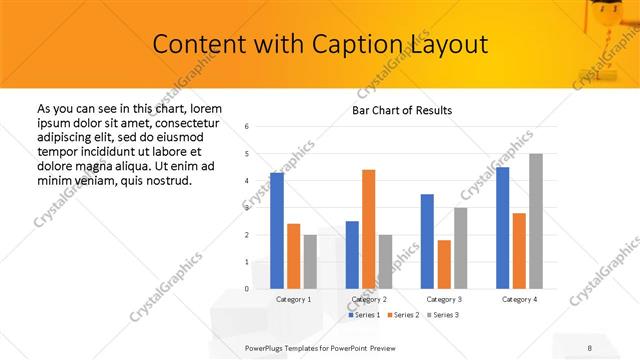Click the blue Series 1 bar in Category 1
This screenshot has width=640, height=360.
pos(277,231)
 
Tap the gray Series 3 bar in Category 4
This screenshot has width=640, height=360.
pos(536,221)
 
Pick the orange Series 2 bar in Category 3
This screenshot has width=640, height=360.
pos(444,264)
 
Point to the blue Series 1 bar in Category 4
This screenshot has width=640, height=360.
pos(502,228)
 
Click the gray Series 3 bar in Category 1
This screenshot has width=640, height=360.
pos(310,262)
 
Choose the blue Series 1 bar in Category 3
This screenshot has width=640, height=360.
pos(427,241)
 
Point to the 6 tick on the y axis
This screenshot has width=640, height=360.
pos(247,127)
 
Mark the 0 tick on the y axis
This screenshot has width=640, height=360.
pos(247,289)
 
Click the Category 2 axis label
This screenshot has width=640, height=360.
pos(368,299)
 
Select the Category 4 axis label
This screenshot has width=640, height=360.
pos(518,299)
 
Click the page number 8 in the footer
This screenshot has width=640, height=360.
pos(590,347)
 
